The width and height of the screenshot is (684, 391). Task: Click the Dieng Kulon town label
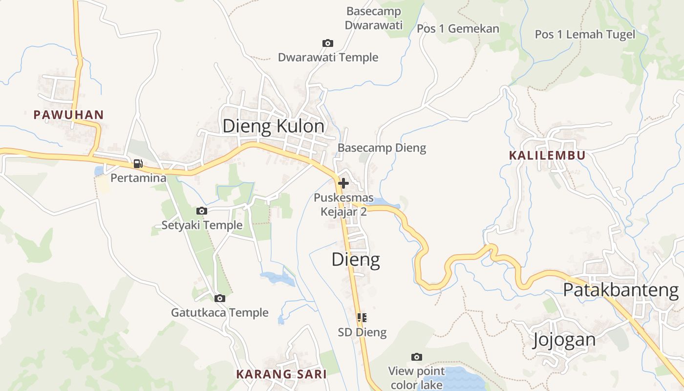click(x=273, y=126)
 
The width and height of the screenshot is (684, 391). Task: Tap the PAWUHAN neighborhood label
click(x=68, y=115)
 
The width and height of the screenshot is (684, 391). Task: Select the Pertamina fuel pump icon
click(x=138, y=164)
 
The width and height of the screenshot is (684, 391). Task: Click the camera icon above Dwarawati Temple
click(x=328, y=43)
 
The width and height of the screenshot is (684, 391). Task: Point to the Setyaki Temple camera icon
click(x=201, y=211)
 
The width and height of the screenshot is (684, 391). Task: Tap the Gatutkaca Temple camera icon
click(x=220, y=298)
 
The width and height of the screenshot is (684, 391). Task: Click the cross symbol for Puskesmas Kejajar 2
click(x=343, y=183)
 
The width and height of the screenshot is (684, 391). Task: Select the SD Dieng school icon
click(x=362, y=318)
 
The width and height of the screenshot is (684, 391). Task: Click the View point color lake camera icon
click(x=416, y=357)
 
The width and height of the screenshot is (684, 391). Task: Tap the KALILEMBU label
click(x=547, y=155)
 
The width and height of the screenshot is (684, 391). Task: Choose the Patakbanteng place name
click(x=620, y=290)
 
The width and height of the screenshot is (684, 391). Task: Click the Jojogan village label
click(x=564, y=339)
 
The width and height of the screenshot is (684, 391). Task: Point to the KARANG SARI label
click(x=281, y=374)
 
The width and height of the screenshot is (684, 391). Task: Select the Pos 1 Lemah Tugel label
click(x=585, y=34)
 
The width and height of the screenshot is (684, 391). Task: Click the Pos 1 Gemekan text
click(x=458, y=29)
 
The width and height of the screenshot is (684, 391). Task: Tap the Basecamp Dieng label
click(x=382, y=148)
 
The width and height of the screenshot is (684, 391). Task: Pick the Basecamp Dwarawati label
click(x=374, y=18)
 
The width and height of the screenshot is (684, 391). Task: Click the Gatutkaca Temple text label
click(x=219, y=313)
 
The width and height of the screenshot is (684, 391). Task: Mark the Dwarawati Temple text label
click(x=328, y=58)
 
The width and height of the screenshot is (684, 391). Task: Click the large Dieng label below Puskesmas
click(x=356, y=260)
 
